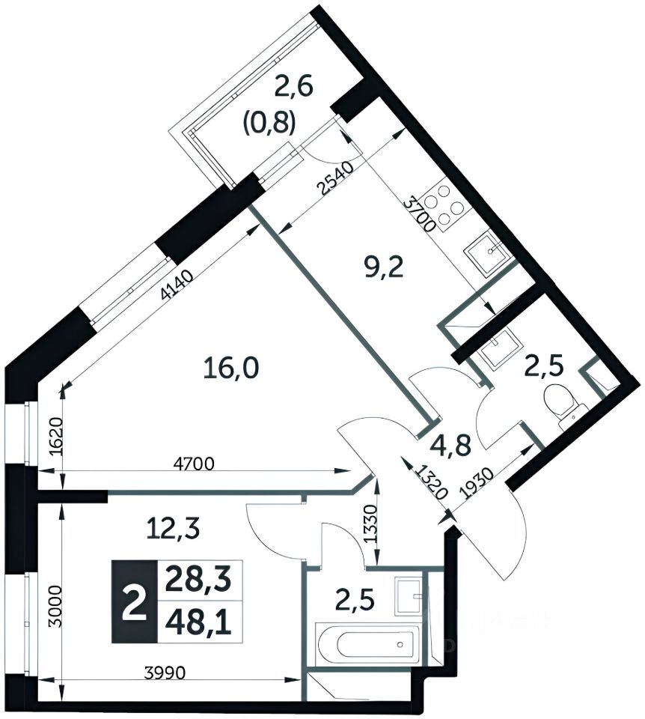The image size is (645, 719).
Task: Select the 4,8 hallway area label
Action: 450,446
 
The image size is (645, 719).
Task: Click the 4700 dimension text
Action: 194,464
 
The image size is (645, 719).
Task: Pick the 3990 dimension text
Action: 165,673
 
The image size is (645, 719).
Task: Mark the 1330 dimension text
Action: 371,524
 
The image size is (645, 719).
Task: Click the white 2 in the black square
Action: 135,602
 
